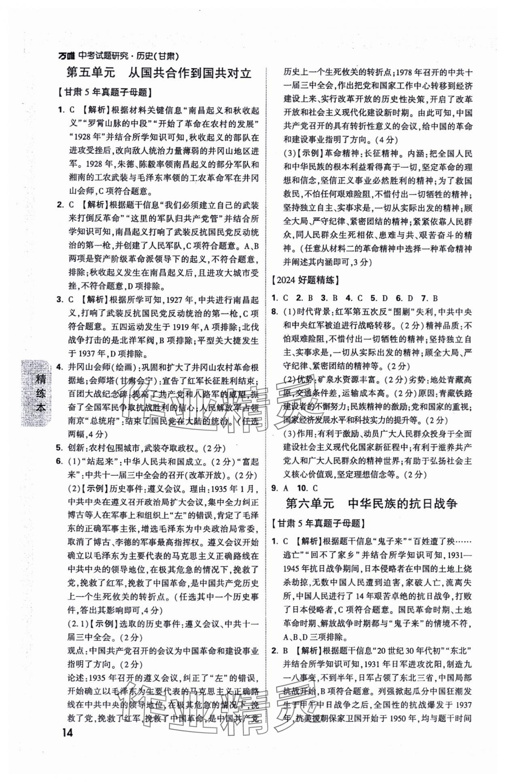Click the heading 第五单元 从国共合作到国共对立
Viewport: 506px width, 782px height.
click(159, 73)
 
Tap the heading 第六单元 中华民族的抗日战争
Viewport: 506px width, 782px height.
click(371, 504)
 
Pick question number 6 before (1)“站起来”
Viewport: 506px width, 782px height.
click(59, 461)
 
